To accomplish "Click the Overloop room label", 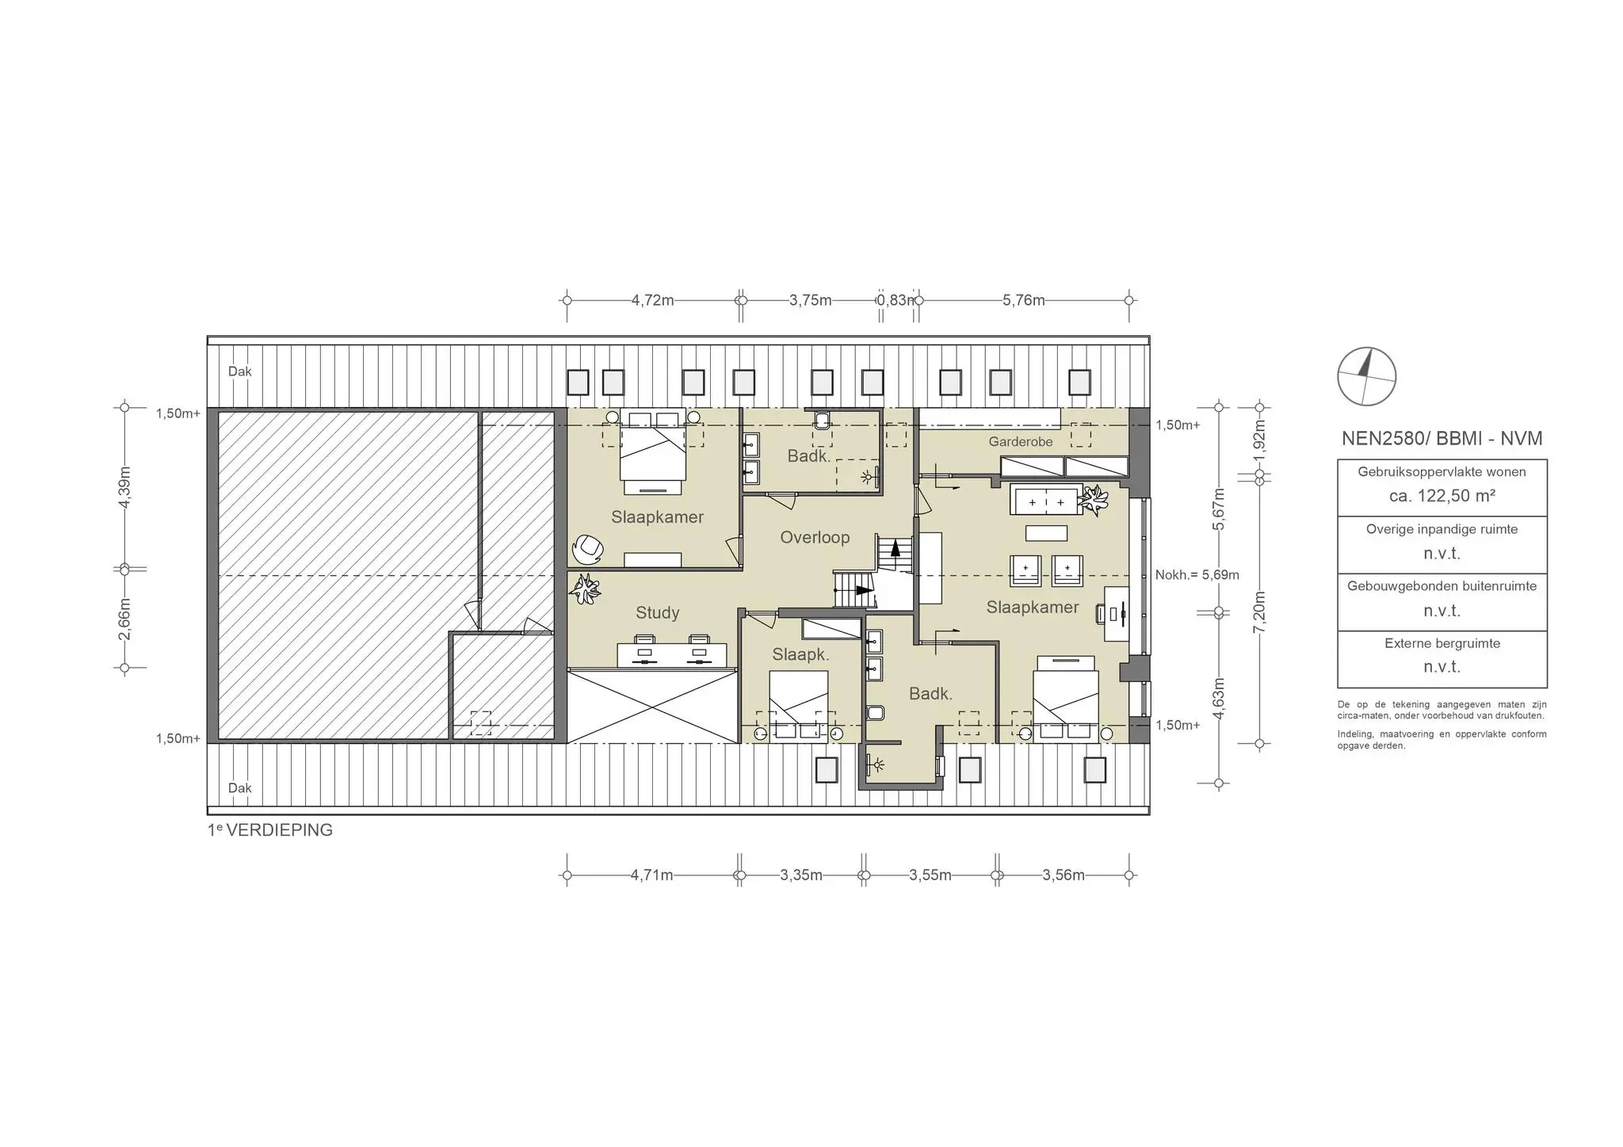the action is [x=815, y=537].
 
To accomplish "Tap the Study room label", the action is [x=658, y=612].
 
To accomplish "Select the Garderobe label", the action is [x=1021, y=441].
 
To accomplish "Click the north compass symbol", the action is [x=1366, y=376].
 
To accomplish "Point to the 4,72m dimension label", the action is [x=652, y=300].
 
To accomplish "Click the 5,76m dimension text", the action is [x=1024, y=300].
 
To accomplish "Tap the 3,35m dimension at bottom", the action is [x=801, y=875].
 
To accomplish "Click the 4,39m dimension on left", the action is [x=124, y=488].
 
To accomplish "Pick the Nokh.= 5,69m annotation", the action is [x=1197, y=575].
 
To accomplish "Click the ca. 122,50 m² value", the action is [x=1442, y=496].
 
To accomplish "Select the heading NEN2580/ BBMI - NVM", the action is [x=1442, y=438].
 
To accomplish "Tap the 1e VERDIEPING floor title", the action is [x=270, y=830].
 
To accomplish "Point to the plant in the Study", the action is [x=586, y=589].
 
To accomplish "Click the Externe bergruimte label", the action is [x=1442, y=643].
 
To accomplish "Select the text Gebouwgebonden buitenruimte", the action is [x=1442, y=586].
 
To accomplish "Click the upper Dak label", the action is [x=240, y=372].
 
